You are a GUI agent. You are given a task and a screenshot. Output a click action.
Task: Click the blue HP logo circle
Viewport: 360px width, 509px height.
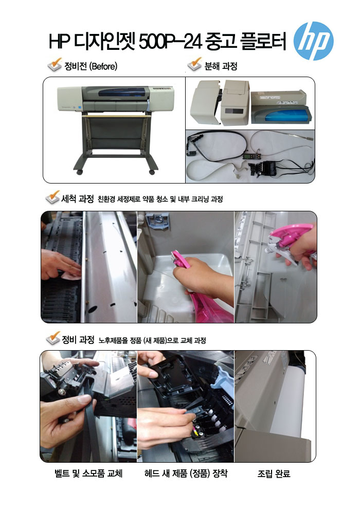[313, 41]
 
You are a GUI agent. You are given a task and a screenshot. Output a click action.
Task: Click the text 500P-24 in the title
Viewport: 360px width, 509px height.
[170, 42]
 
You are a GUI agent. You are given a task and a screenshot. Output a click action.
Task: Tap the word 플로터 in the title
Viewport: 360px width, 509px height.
[263, 41]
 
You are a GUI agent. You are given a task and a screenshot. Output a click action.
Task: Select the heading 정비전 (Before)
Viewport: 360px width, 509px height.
[91, 66]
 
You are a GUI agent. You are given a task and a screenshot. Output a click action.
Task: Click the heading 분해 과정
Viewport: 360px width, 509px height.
[221, 66]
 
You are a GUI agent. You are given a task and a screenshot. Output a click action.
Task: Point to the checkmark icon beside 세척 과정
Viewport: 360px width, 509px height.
[53, 197]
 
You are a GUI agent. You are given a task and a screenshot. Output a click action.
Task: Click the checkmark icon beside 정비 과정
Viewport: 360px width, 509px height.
[53, 338]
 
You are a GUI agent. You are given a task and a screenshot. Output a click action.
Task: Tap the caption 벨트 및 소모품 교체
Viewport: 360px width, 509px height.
[88, 474]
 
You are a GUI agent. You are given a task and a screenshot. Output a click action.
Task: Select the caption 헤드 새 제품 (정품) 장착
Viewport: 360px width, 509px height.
[186, 474]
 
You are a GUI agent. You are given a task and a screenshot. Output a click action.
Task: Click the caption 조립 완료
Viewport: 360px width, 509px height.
[274, 474]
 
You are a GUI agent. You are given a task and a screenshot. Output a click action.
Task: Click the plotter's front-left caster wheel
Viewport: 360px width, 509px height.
[80, 172]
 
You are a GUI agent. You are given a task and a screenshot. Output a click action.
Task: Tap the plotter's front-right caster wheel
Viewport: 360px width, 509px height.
[152, 171]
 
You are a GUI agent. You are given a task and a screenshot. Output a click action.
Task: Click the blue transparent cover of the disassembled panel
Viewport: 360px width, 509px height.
[285, 114]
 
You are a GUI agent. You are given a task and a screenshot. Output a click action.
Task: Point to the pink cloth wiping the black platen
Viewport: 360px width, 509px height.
[71, 276]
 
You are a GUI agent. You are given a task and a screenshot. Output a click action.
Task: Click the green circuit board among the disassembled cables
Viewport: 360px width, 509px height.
[249, 156]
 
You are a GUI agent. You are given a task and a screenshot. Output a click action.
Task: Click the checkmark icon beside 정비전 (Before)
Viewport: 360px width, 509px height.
[55, 64]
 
